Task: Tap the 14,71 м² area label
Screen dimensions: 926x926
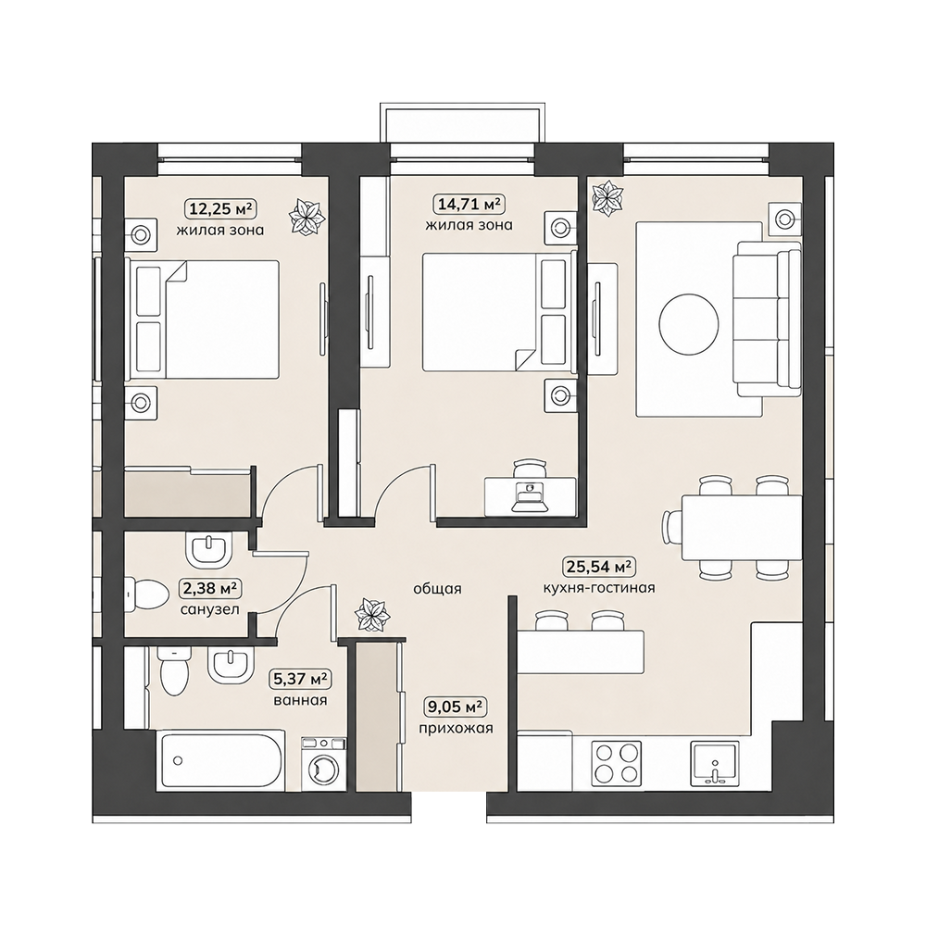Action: pos(469,205)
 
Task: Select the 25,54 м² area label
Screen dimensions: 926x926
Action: pos(599,567)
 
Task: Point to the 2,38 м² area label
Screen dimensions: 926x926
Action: pos(209,588)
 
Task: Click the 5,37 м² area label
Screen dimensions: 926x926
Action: pos(300,679)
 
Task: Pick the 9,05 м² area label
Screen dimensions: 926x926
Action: pos(456,707)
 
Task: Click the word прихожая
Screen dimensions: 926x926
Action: pos(456,729)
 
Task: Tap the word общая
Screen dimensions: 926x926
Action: pos(437,589)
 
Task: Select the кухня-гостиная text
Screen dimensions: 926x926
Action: pos(599,588)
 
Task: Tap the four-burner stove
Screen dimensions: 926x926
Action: pos(616,762)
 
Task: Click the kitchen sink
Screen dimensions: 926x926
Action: pos(714,763)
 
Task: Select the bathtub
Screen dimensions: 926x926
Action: pos(220,760)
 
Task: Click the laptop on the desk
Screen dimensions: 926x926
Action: pos(530,496)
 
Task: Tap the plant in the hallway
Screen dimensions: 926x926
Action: pos(372,616)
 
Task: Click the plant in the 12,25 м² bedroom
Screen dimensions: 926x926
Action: pos(307,217)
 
